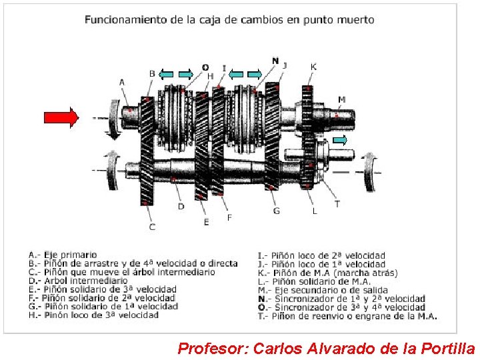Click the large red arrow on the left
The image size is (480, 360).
coord(61,117)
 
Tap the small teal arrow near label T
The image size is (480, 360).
coord(340,140)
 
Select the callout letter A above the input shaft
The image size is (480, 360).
coord(122,82)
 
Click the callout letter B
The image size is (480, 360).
coord(152,73)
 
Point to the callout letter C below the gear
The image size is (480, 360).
coord(152,227)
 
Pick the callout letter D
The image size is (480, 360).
coord(181,207)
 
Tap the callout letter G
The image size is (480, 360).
coord(276,211)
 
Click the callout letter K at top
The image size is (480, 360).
coord(313,67)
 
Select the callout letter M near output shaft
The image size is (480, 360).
coord(341,100)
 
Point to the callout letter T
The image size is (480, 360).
coord(337,204)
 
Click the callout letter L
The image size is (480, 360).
coord(315,211)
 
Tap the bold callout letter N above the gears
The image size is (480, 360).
coord(275,61)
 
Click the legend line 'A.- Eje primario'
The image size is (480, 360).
coord(63,255)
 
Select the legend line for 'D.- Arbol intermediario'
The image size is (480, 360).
coord(78,281)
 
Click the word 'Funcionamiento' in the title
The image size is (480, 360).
coord(125,20)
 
